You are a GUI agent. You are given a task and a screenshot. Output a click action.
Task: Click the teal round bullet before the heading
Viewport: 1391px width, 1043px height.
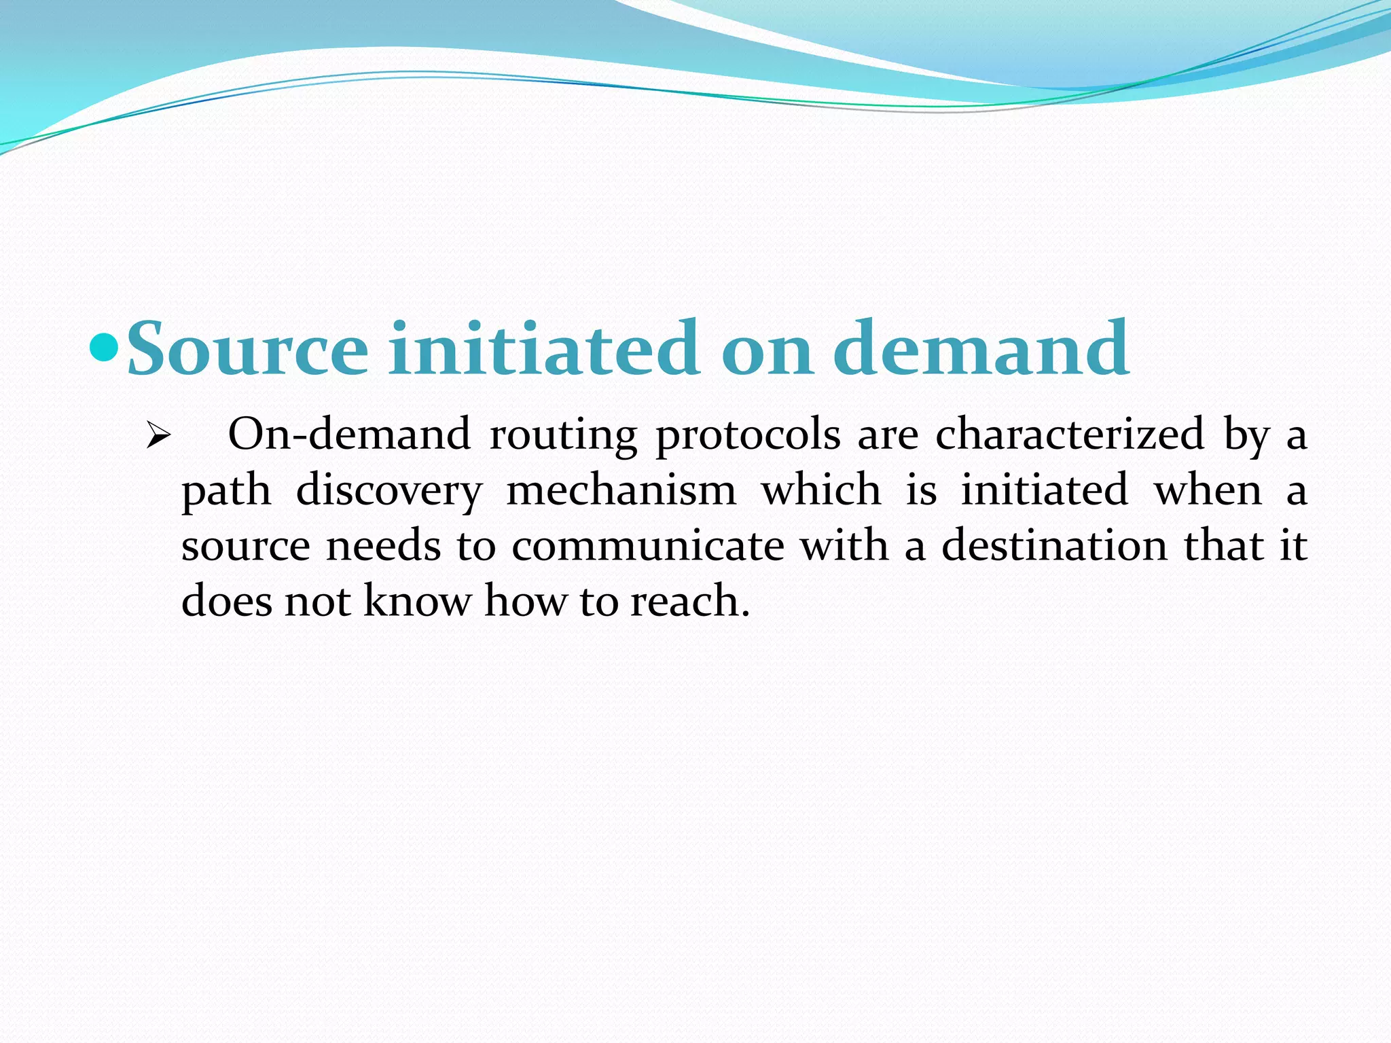click(104, 348)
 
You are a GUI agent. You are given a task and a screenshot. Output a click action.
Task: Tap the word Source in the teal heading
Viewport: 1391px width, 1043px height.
click(248, 349)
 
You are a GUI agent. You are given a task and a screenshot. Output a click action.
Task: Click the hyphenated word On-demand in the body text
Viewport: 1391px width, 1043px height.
click(349, 435)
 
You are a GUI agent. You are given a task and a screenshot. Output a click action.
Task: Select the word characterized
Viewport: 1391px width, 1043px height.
click(1070, 435)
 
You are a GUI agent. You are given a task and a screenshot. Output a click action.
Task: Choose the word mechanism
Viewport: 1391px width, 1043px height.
click(621, 490)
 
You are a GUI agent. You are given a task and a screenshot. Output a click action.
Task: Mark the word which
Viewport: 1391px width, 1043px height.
click(821, 490)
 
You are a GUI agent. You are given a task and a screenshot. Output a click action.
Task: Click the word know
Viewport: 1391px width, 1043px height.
click(418, 602)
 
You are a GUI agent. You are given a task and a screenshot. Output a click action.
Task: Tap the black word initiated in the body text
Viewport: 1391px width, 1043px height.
click(1045, 490)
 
